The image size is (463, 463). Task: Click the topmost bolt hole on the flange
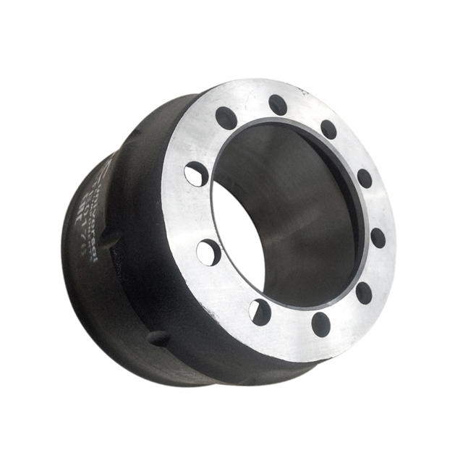tap(278, 105)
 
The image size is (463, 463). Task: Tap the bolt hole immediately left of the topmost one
tap(226, 117)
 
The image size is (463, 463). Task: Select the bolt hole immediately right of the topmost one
tap(328, 129)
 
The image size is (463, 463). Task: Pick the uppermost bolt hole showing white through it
tap(196, 174)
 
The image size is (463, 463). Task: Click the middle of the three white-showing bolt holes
tap(208, 252)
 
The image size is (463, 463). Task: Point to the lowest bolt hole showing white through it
tap(260, 312)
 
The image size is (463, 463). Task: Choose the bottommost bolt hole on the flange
tap(320, 324)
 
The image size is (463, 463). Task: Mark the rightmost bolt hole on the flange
tap(378, 237)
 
